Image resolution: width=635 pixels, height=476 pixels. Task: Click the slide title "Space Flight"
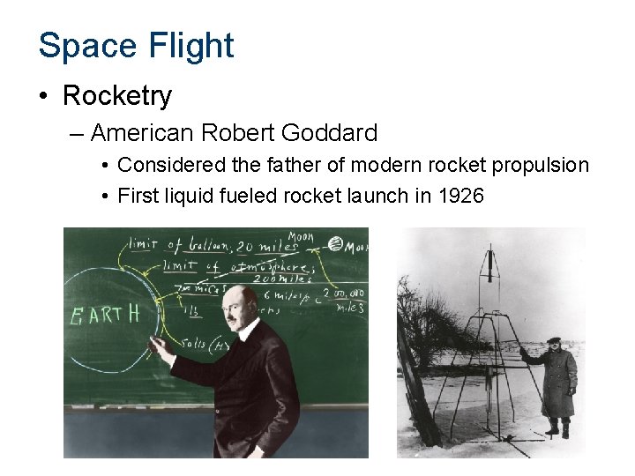coord(136,46)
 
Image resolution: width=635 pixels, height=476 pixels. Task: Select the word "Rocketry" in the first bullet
coord(117,95)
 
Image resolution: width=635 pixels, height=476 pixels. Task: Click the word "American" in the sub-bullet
coord(143,133)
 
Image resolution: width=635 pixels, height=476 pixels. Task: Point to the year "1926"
coord(460,195)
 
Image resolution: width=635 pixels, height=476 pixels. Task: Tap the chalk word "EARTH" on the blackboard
coord(104,315)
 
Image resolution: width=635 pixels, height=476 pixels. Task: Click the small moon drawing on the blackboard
coord(335,243)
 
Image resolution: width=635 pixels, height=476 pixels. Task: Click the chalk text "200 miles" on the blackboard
coord(273,278)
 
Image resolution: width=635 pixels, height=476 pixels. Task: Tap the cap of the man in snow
coord(554,340)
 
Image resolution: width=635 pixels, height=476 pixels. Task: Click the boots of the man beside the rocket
coord(557,429)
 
